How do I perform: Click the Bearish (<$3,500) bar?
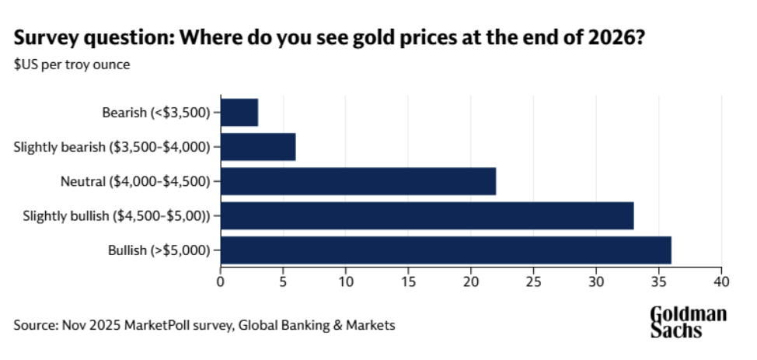click(239, 113)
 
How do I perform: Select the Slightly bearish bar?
click(258, 147)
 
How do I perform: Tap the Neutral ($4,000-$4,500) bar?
click(358, 182)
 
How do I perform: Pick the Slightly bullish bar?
click(427, 216)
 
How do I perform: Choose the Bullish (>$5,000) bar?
click(445, 250)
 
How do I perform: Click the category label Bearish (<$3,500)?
click(156, 113)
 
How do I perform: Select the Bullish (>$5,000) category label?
click(159, 250)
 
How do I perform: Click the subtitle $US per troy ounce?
click(72, 65)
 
